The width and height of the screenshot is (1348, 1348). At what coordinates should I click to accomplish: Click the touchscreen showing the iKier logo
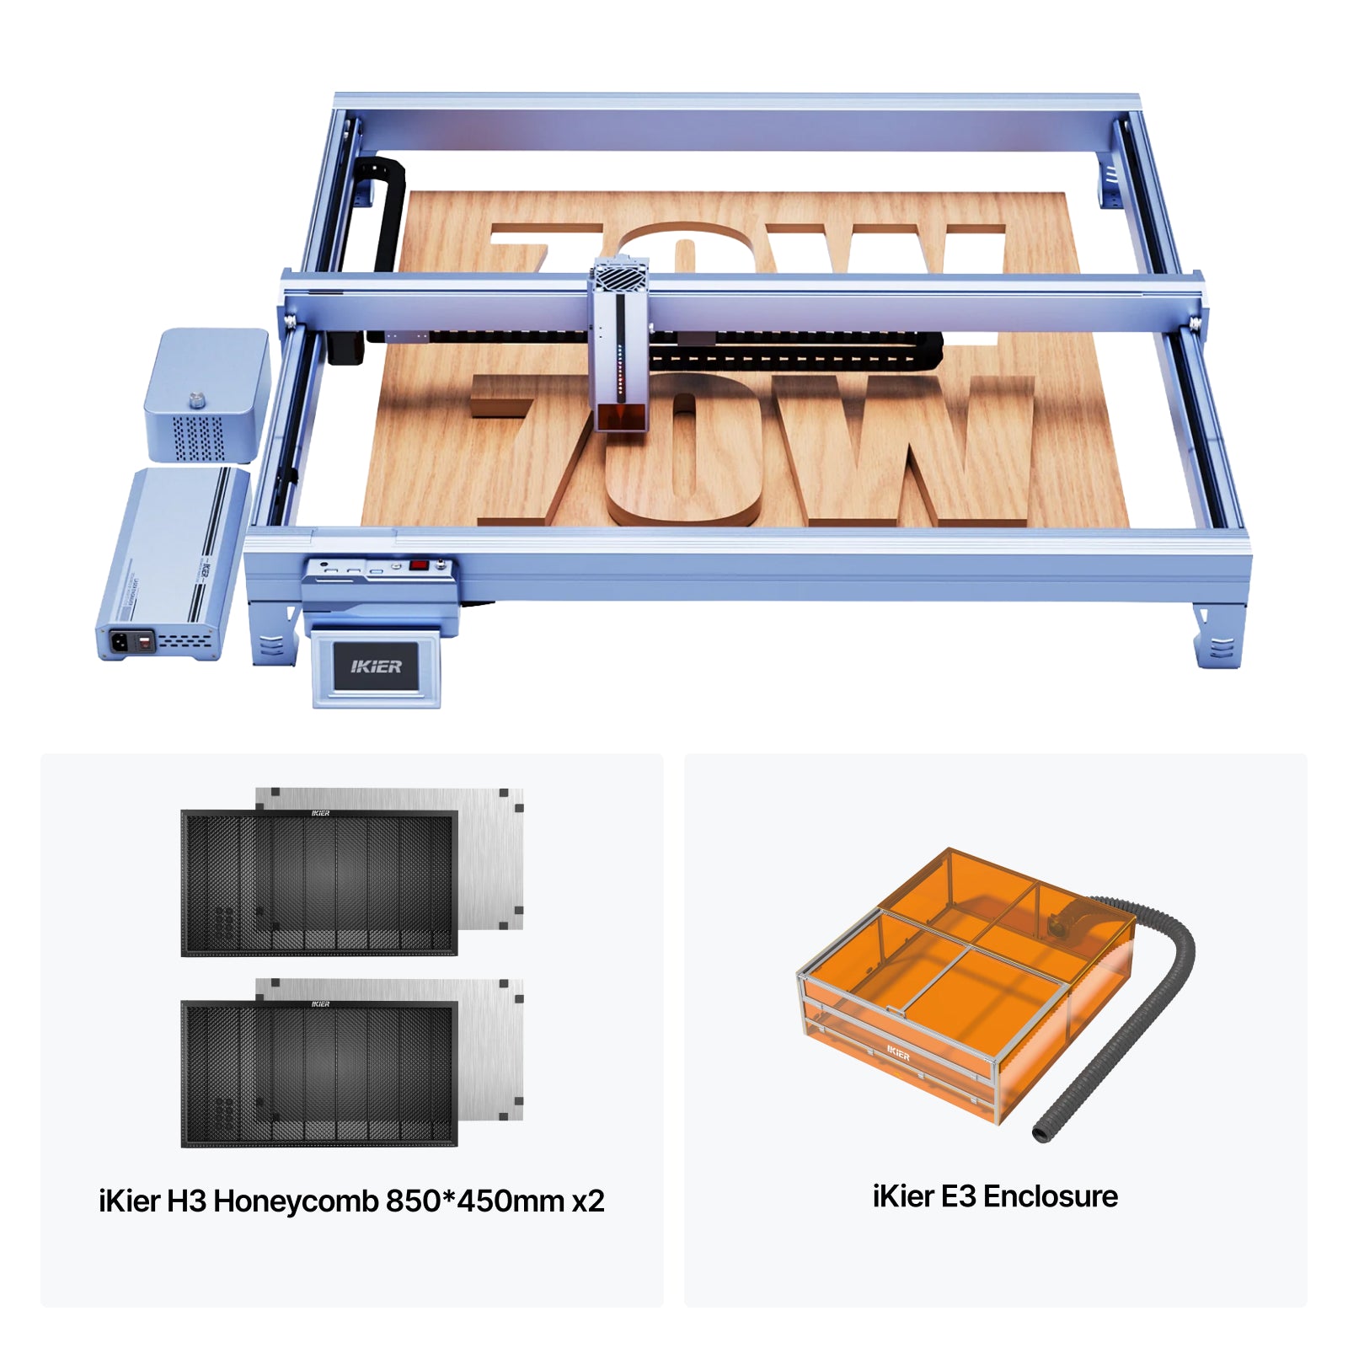pos(377,666)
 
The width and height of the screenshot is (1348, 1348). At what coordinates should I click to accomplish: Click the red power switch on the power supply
pos(144,643)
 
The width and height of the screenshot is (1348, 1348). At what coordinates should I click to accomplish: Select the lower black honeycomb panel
pos(319,1073)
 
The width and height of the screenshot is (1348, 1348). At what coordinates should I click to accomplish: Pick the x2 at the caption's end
pos(588,1201)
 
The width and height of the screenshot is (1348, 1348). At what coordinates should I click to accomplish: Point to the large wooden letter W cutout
pos(901,447)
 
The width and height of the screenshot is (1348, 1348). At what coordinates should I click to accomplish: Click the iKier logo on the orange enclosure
pos(898,1053)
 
